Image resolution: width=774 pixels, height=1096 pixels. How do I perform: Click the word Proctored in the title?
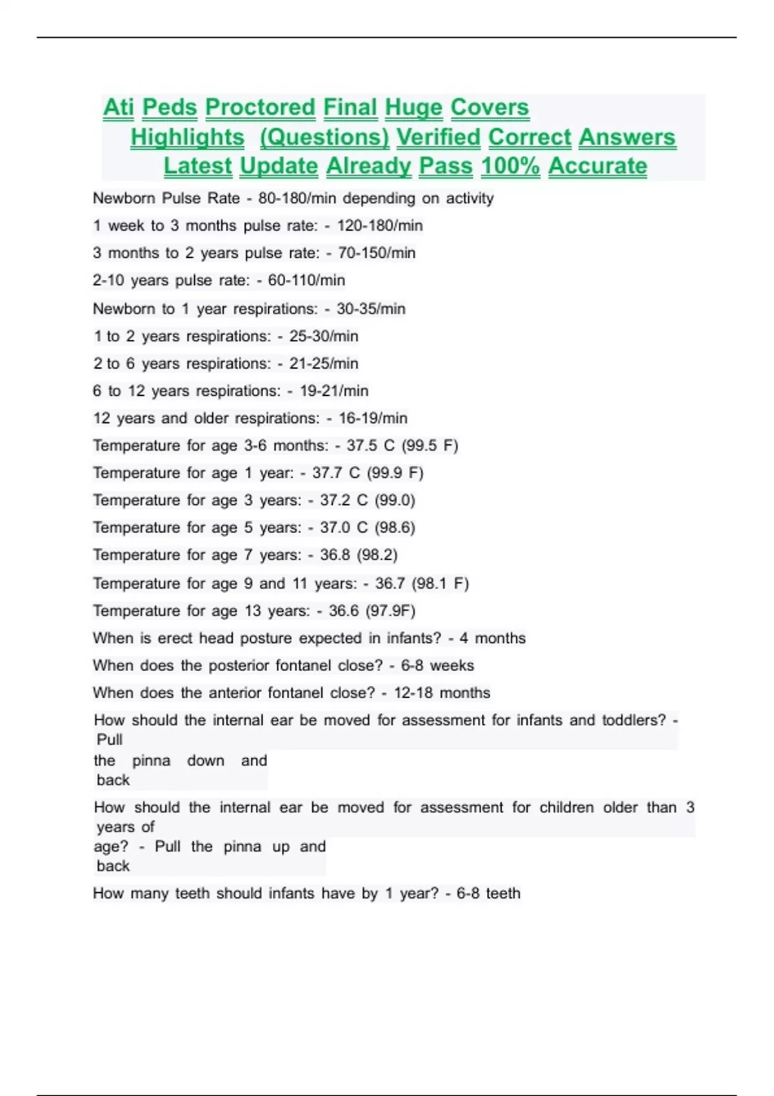point(260,108)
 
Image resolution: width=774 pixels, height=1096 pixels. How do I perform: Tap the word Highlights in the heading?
point(187,137)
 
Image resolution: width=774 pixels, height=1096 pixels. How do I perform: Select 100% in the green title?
point(510,166)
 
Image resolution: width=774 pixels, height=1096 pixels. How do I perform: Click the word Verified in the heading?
point(438,137)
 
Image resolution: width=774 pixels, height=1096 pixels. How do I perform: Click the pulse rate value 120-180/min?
point(380,226)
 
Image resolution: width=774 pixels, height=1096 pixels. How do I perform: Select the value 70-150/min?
point(377,253)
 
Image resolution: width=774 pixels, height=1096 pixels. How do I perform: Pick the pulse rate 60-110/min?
point(306,280)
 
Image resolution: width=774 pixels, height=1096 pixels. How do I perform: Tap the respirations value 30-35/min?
point(371,309)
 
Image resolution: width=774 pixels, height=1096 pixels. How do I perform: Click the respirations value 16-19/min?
point(373,418)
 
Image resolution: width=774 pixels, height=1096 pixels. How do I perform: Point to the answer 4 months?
point(493,638)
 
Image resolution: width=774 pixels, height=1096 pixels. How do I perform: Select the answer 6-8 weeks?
point(437,665)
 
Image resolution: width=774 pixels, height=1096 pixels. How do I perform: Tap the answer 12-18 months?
point(442,693)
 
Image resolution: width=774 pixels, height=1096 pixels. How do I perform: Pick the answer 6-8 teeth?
point(488,894)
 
